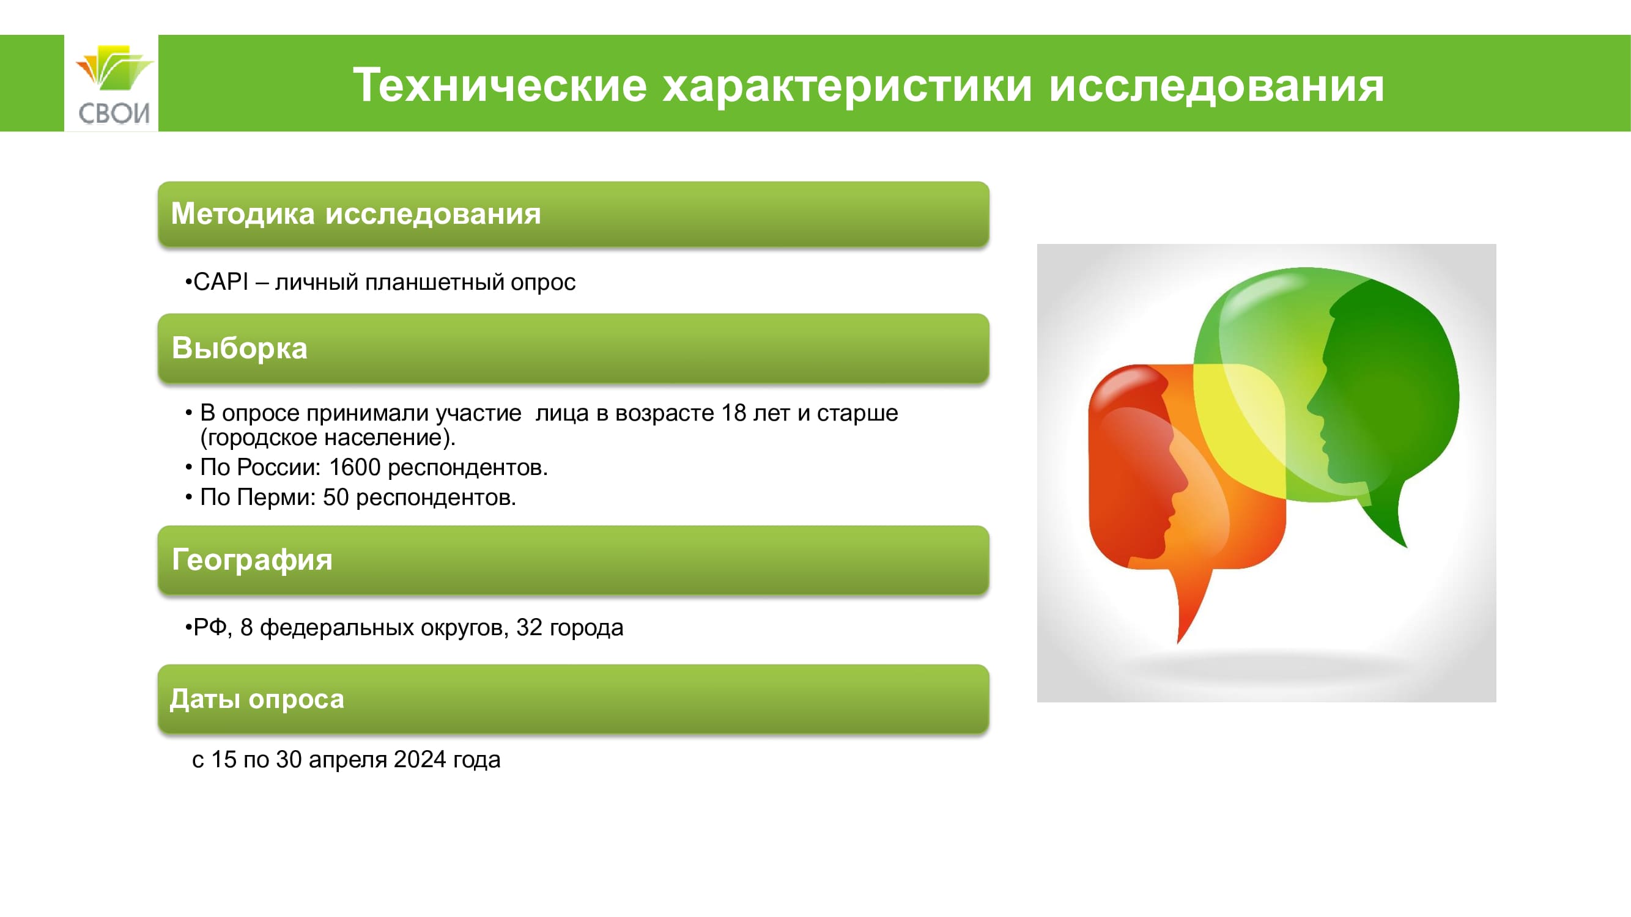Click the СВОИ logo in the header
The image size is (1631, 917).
click(112, 84)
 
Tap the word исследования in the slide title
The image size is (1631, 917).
click(1216, 85)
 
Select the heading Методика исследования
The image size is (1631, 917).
click(356, 213)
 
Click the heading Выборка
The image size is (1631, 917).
click(239, 348)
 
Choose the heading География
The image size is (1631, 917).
click(252, 560)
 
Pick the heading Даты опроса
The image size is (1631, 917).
click(257, 699)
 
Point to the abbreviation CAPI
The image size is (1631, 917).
click(221, 282)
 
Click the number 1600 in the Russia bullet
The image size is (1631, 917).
click(355, 467)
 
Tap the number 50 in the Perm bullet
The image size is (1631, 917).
click(336, 498)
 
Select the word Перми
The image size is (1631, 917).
click(276, 498)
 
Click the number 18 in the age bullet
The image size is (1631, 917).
click(733, 413)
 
